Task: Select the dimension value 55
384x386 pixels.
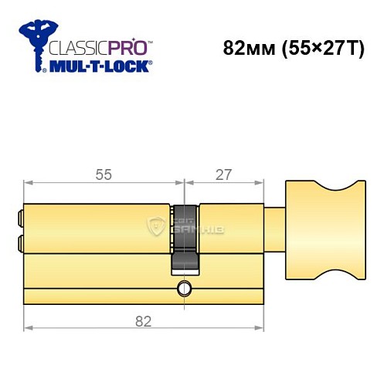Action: point(104,175)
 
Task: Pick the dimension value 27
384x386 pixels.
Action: point(224,175)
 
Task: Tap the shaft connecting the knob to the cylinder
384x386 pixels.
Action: point(275,231)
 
